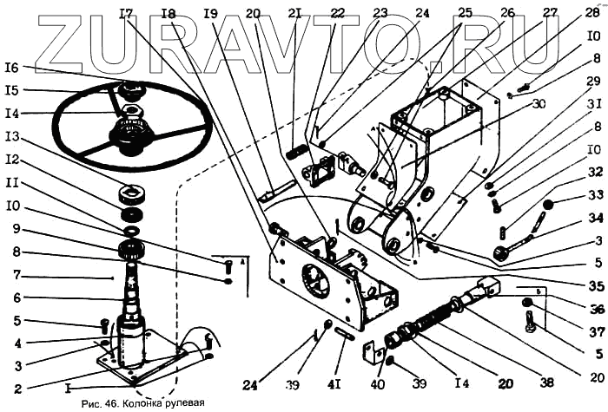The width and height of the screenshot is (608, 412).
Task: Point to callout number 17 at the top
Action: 127,14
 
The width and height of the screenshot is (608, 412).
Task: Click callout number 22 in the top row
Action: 314,14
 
